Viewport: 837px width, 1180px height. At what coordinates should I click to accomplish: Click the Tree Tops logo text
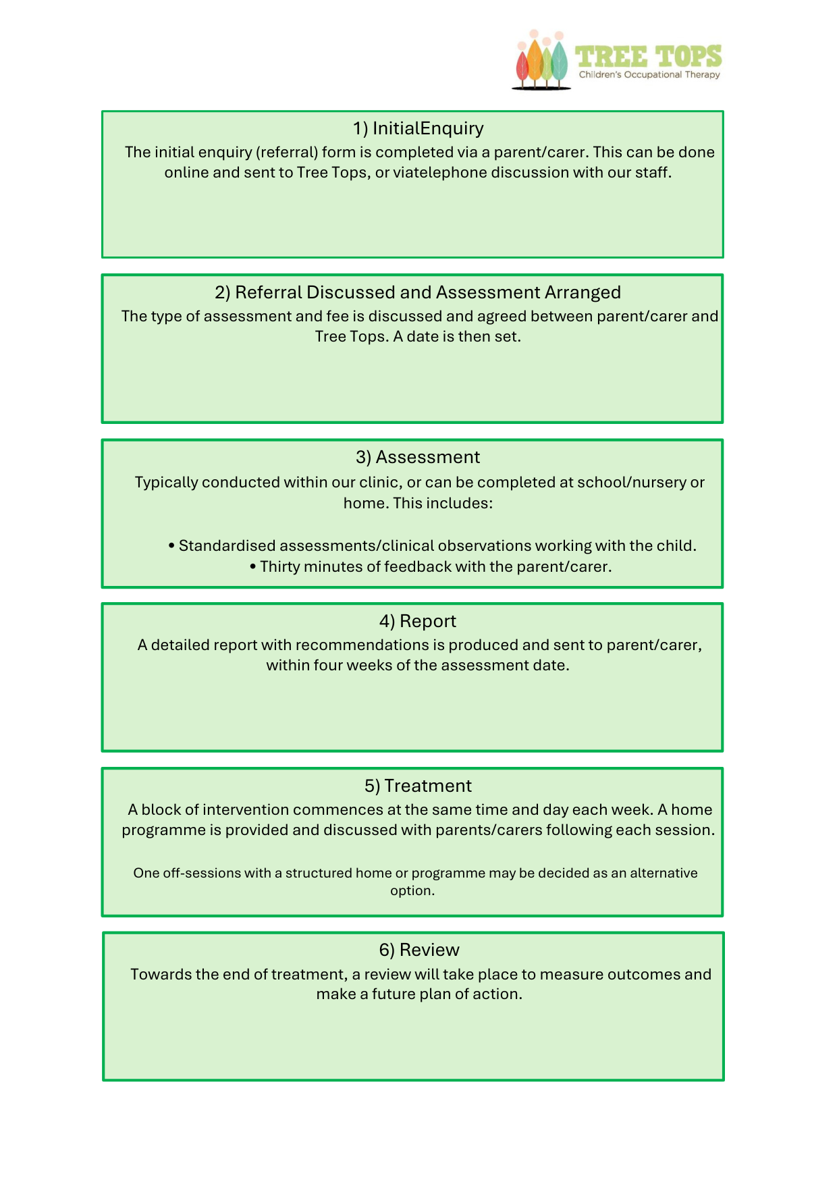tap(648, 57)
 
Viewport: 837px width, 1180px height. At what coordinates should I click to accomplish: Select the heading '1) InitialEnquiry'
tap(418, 128)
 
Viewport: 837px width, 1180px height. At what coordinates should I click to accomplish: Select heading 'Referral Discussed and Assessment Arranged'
tap(427, 292)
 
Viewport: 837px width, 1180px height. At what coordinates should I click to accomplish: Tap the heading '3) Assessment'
tap(418, 457)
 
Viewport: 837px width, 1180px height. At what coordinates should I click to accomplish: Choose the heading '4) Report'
tap(418, 621)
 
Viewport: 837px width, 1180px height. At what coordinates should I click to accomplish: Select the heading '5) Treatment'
tap(418, 786)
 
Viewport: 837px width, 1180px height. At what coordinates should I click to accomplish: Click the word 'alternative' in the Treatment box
tap(664, 873)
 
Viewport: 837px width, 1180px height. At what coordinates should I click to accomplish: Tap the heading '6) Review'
tap(418, 950)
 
